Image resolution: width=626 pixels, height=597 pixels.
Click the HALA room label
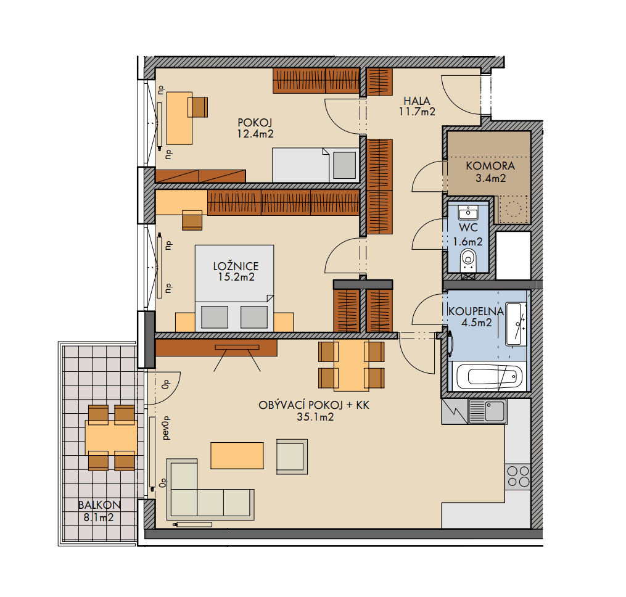tap(417, 101)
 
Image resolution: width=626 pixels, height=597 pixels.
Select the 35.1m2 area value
tap(313, 418)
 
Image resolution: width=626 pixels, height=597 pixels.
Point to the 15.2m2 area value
tap(236, 278)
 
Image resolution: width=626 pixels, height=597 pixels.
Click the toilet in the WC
tap(469, 258)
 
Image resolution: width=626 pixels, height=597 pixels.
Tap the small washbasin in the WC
tap(469, 213)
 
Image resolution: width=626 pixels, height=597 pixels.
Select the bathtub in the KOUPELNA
tap(487, 376)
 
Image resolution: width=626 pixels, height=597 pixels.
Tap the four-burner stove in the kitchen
tap(517, 476)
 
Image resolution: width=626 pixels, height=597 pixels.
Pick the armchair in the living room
tap(292, 456)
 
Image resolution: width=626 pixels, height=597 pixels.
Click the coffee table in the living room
tap(237, 455)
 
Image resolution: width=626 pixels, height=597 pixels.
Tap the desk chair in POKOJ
tap(198, 107)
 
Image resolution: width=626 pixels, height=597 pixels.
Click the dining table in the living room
tap(351, 364)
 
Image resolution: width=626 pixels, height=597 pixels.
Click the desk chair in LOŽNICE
tap(192, 220)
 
